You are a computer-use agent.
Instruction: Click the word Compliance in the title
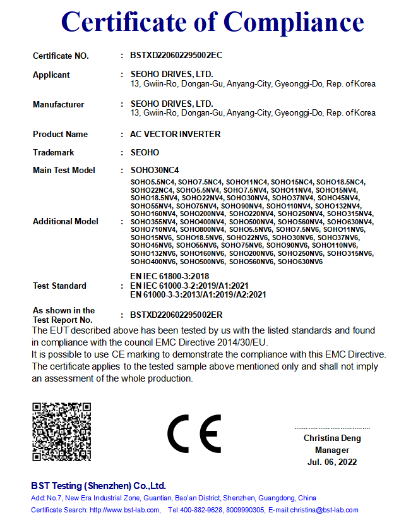point(294,23)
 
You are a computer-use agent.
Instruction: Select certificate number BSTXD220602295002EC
point(176,56)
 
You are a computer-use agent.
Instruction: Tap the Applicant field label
point(51,75)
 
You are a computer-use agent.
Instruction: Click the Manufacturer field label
point(58,105)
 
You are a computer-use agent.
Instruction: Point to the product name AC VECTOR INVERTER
point(176,135)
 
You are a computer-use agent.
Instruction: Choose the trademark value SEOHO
point(145,153)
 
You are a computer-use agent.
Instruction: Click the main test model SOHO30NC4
point(155,171)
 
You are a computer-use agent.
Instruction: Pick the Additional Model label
point(66,222)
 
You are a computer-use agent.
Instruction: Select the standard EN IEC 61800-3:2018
point(169,277)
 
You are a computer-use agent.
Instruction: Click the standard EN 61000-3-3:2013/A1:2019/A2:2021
point(198,294)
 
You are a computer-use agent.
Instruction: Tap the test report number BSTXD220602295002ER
point(176,315)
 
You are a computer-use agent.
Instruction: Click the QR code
point(61,431)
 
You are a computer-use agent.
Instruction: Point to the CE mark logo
point(194,434)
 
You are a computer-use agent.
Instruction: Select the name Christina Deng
point(332,438)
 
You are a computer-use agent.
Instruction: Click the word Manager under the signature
point(332,450)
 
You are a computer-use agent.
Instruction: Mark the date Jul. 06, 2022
point(332,462)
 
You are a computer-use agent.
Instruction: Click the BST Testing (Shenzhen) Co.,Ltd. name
point(99,486)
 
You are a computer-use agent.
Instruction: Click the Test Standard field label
point(59,286)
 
